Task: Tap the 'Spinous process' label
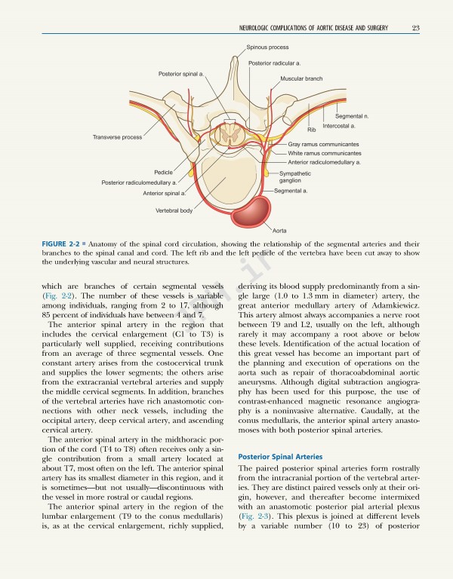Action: pos(267,47)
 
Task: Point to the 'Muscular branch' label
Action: pos(301,78)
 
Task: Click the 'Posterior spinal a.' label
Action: pos(181,73)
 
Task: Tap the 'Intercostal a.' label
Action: pos(339,126)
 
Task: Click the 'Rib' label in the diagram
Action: pos(311,130)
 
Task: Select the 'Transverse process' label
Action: pos(117,137)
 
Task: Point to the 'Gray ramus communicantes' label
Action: pos(322,144)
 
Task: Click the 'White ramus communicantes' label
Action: pos(325,153)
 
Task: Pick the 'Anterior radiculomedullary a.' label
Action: pos(324,162)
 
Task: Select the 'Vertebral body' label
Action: pos(174,210)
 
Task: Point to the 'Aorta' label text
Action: pos(280,228)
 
